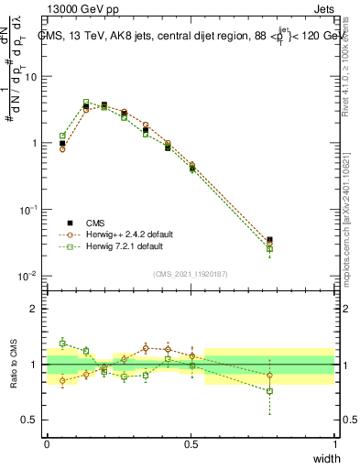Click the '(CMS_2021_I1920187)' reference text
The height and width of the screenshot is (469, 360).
tap(191, 272)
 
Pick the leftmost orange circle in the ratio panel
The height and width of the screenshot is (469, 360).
tap(62, 381)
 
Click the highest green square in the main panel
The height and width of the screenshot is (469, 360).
tap(86, 102)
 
